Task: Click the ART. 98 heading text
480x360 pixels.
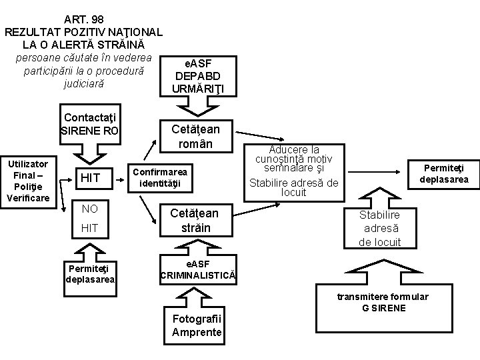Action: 83,19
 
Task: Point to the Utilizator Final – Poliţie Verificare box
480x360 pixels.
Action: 28,181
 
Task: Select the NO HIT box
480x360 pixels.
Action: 89,219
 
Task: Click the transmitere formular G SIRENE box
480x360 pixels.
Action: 381,301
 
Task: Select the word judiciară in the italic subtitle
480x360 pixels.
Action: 83,85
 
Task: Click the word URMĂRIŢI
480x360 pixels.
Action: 198,89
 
